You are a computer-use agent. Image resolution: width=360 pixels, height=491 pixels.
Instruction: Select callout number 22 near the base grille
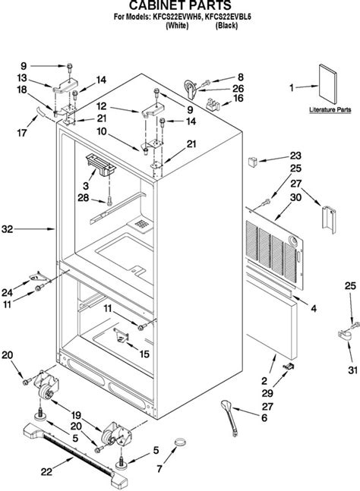(46, 471)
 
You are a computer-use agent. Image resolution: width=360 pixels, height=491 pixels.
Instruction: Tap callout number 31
(352, 348)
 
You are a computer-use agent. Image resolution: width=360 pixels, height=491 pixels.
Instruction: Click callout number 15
(145, 353)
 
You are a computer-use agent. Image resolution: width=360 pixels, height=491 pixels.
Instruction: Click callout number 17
(23, 132)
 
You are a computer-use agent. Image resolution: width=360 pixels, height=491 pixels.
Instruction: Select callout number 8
(241, 77)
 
